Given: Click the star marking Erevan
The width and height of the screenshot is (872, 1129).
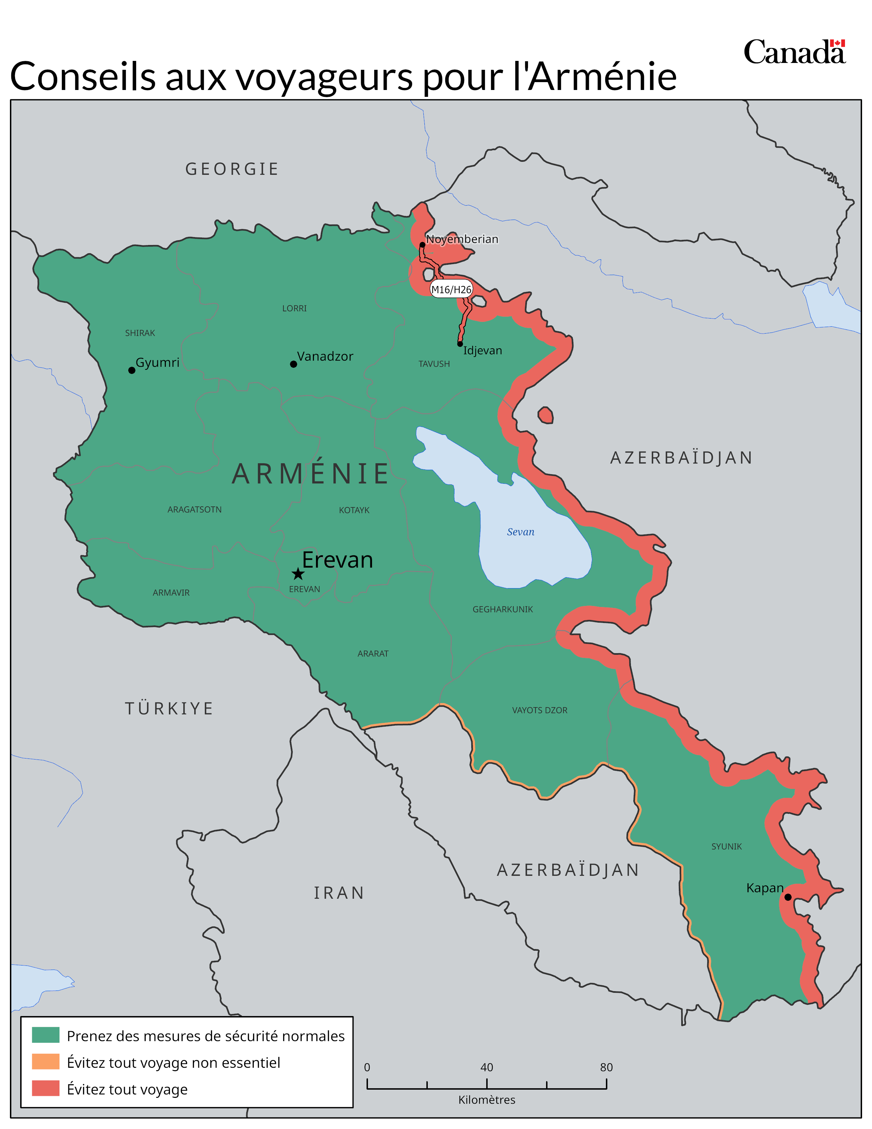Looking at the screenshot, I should coord(298,574).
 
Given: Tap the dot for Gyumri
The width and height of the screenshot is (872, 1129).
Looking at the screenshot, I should coord(132,370).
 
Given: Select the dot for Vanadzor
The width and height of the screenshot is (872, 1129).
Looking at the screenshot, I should coord(293,364).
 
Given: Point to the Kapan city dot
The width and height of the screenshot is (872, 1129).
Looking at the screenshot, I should coord(788,897).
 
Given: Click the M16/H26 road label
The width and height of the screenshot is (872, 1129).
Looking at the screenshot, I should coord(451,289).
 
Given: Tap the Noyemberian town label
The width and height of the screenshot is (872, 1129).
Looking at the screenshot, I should coord(462,239).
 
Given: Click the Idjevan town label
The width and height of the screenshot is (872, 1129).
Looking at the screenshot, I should coord(483,350).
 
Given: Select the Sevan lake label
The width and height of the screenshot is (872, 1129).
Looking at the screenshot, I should coord(520,532).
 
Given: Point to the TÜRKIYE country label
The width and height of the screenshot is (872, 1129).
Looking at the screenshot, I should coord(169,708).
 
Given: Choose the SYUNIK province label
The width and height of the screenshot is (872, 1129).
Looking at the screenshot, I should coord(726,846).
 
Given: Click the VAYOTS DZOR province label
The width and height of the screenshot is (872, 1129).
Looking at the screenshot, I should coord(539,710).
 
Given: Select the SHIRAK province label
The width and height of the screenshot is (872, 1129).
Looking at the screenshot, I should coord(140,333).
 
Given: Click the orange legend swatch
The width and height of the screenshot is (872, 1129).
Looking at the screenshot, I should coord(45,1062).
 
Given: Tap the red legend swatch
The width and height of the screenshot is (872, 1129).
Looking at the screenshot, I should coord(45,1088).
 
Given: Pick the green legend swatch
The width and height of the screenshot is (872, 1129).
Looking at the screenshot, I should coord(45,1035).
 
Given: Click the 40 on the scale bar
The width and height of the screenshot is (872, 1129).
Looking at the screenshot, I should coord(487,1067).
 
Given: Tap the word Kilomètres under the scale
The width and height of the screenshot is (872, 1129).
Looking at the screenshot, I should coord(487,1100).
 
